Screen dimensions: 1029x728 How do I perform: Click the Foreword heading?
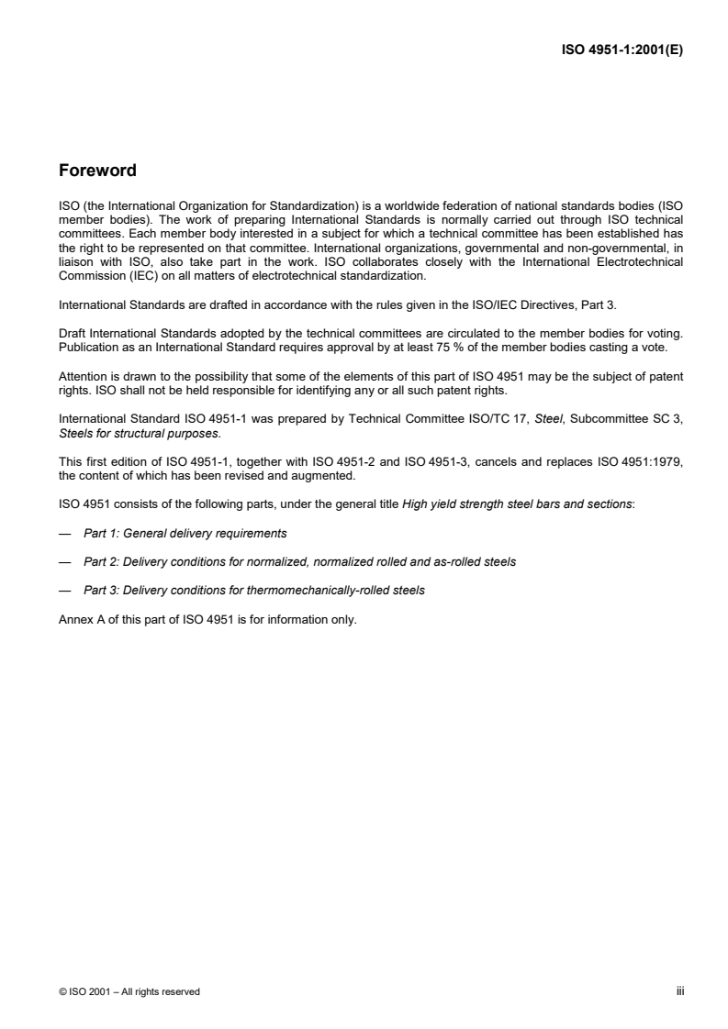coord(97,171)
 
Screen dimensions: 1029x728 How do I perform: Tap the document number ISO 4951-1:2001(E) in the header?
coord(622,51)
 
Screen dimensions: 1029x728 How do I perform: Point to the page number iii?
coord(681,990)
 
